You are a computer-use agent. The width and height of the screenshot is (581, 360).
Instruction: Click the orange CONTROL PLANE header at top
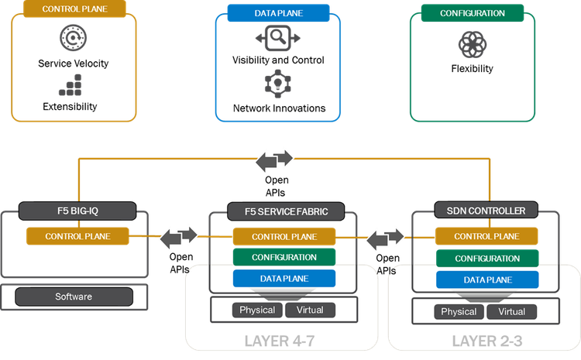tap(75, 10)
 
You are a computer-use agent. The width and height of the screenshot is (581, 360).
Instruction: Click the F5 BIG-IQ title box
tap(77, 211)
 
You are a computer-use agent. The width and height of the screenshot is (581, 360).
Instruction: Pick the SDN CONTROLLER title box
tap(476, 211)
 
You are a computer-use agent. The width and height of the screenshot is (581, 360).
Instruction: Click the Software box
tap(74, 297)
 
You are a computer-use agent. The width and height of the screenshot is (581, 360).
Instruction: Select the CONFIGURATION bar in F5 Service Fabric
tap(284, 257)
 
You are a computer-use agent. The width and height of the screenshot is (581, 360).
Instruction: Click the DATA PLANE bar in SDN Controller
tap(488, 279)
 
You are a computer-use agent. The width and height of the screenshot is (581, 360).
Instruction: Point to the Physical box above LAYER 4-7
tap(257, 310)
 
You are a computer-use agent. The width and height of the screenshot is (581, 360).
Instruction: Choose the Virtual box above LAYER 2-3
tap(511, 311)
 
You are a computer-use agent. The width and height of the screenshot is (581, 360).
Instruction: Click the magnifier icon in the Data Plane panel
tap(277, 38)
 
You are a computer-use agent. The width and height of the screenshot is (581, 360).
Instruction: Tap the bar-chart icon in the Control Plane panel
tap(69, 87)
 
